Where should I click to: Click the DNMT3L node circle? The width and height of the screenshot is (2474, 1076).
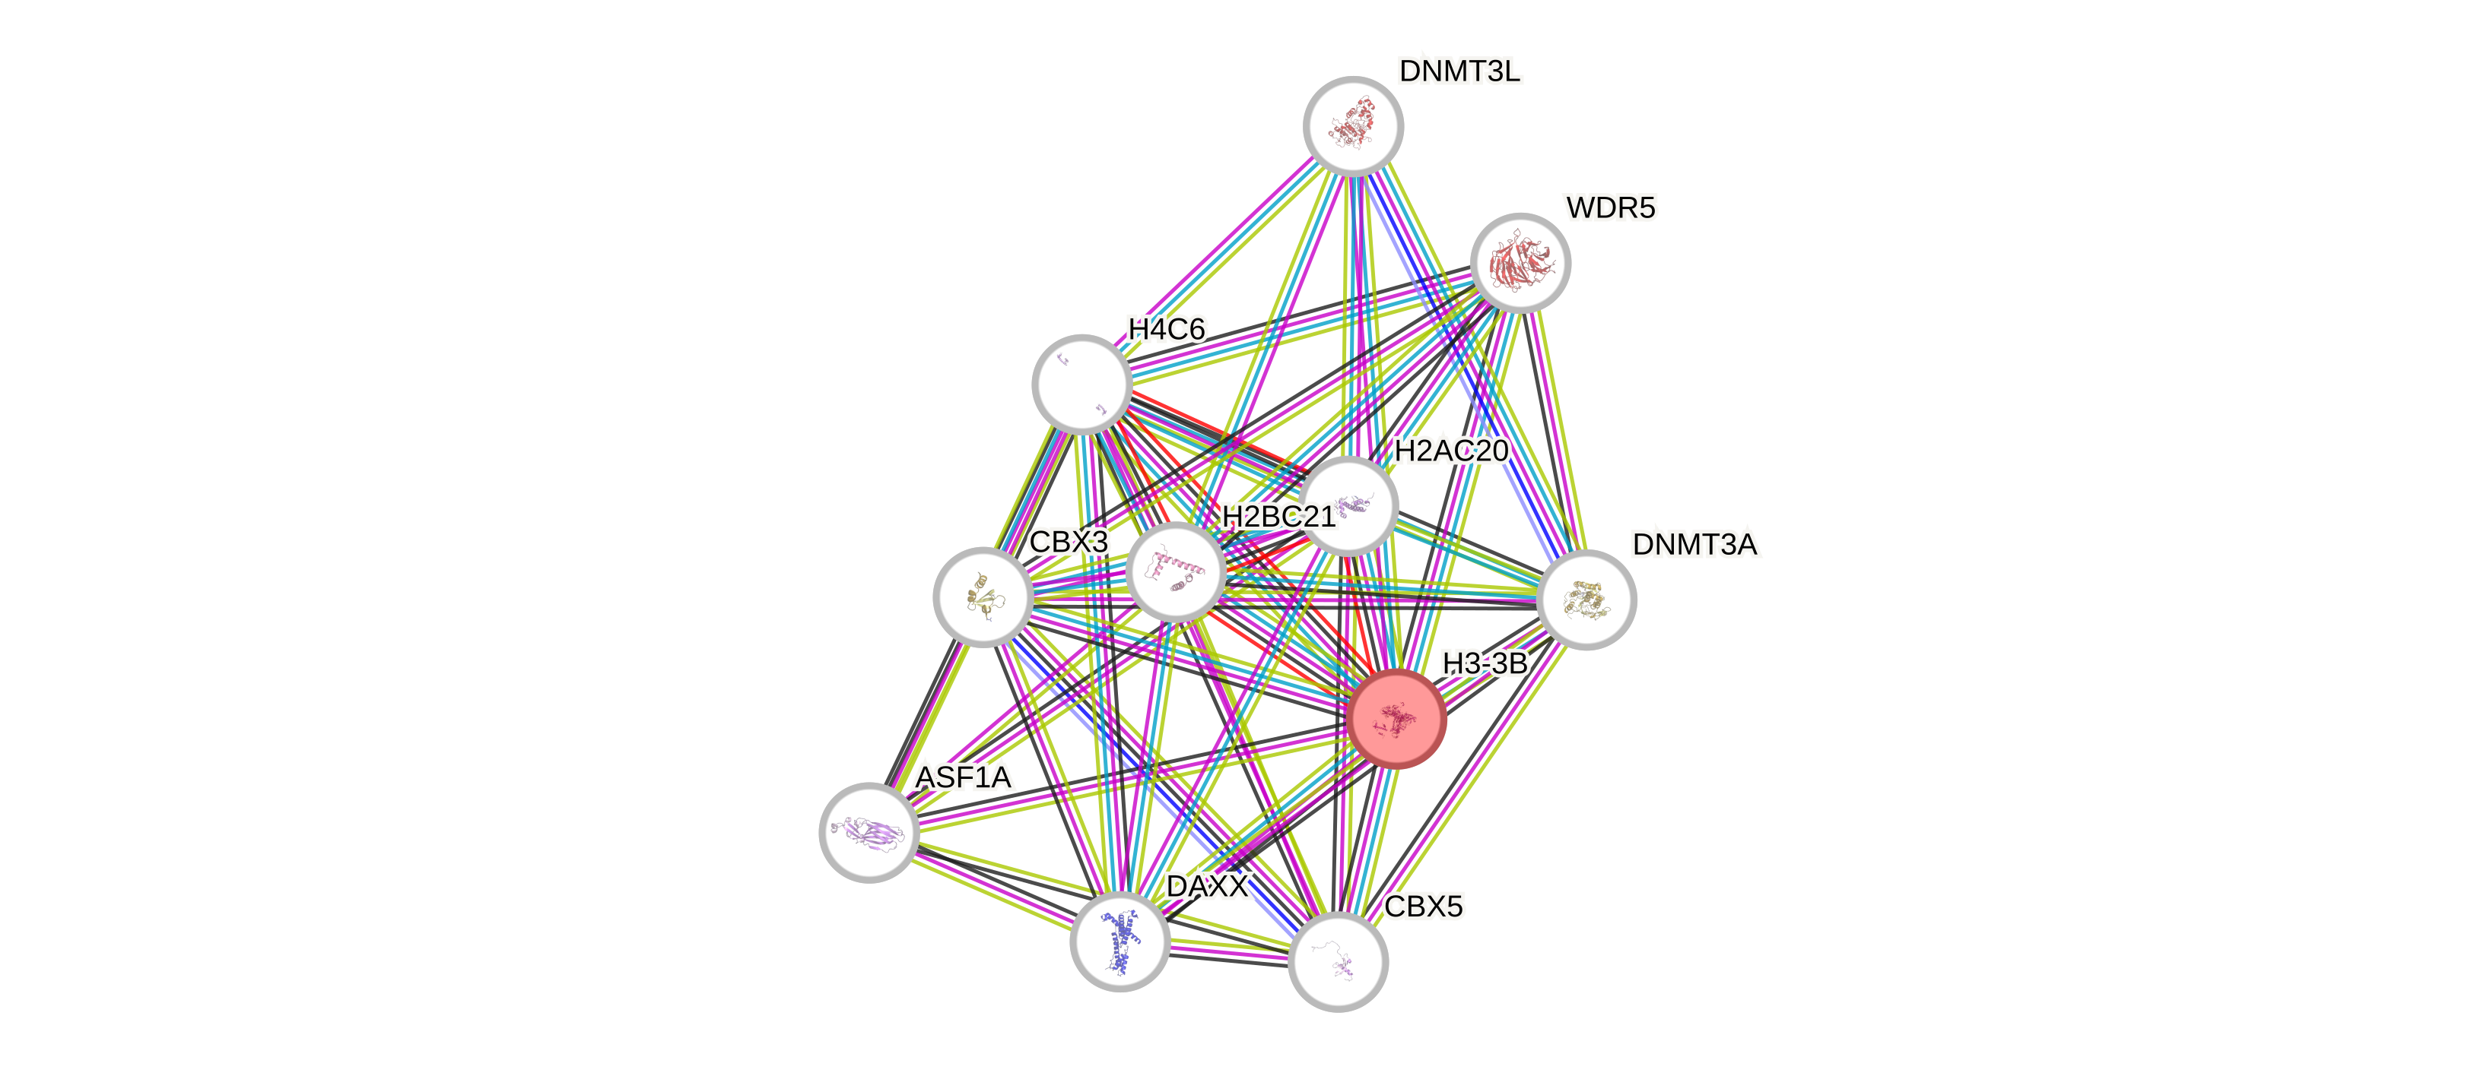click(1352, 125)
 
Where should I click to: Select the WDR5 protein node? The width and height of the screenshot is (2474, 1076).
click(1520, 262)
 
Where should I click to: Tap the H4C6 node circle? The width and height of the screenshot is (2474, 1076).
click(1081, 383)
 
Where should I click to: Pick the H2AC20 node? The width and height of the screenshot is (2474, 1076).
click(1348, 506)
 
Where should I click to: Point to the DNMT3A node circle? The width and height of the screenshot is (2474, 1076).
click(1586, 600)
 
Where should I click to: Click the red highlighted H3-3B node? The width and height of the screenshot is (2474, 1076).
click(1396, 718)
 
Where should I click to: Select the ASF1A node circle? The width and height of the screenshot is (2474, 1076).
click(869, 831)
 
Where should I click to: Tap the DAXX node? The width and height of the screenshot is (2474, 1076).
click(1119, 941)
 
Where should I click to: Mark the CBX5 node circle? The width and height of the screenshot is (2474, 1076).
click(1337, 960)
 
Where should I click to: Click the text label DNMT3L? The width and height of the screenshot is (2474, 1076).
click(1459, 71)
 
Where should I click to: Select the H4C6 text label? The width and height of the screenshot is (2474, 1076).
click(1166, 329)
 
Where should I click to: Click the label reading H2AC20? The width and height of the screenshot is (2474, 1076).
click(1450, 450)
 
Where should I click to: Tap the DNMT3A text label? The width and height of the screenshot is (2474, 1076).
click(1694, 544)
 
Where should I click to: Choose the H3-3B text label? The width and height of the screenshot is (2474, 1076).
click(1484, 663)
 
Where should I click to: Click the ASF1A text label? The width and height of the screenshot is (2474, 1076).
click(962, 777)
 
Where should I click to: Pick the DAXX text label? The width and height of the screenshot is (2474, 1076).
click(1207, 886)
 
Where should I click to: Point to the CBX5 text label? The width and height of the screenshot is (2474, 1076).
click(1423, 906)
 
